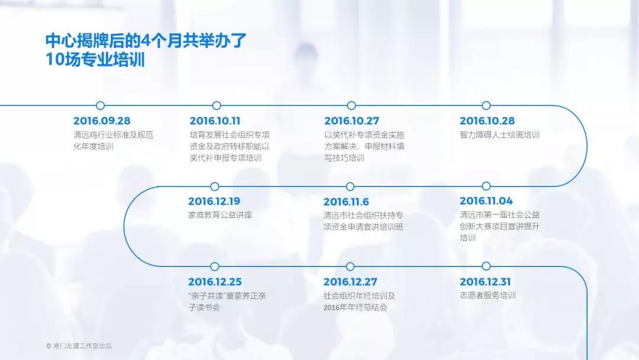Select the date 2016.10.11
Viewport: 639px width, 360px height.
click(x=215, y=121)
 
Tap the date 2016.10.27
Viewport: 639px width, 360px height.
click(x=351, y=121)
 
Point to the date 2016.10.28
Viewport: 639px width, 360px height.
click(x=487, y=121)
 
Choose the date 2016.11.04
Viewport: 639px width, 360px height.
click(x=486, y=201)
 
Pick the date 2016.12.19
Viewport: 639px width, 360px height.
click(x=214, y=201)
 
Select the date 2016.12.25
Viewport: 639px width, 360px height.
click(x=215, y=282)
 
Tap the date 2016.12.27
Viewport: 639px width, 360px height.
click(x=350, y=282)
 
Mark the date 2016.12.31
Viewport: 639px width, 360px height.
click(x=485, y=282)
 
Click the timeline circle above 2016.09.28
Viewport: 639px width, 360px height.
click(x=101, y=106)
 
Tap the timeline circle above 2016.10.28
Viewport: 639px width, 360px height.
click(x=486, y=106)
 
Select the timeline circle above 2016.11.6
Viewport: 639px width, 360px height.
click(x=350, y=187)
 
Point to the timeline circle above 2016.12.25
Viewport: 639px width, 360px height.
click(x=215, y=266)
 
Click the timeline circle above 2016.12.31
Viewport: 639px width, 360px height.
click(x=486, y=266)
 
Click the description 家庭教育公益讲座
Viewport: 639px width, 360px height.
click(x=220, y=216)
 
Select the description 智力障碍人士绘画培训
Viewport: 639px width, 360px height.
click(x=499, y=135)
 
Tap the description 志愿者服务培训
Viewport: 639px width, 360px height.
click(x=488, y=295)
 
